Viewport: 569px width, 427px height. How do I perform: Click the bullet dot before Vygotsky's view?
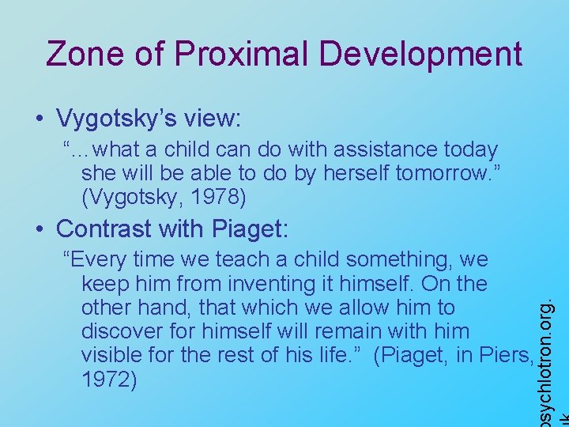click(x=40, y=120)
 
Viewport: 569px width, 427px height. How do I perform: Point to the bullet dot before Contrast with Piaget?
click(x=40, y=230)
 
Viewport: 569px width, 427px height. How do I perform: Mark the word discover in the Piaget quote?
click(x=121, y=331)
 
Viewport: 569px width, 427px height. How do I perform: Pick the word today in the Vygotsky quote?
click(x=470, y=149)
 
